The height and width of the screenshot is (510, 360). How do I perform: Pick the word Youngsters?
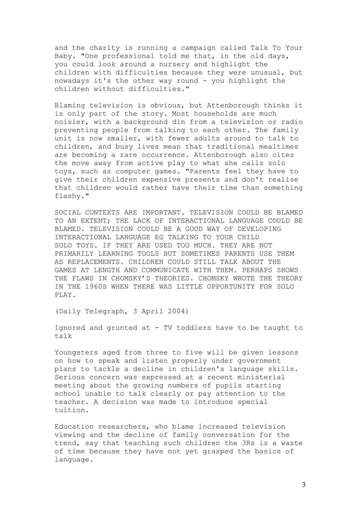(x=78, y=352)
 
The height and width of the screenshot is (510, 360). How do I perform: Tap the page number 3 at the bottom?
(x=303, y=485)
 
